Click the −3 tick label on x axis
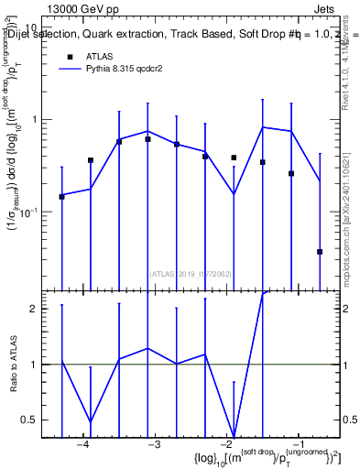(x=154, y=444)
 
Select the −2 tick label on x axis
(x=226, y=444)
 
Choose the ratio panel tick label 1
(x=33, y=365)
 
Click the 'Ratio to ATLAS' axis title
(x=12, y=364)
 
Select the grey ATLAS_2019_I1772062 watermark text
(x=191, y=273)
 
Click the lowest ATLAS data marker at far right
(x=320, y=251)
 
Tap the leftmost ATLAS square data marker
(x=61, y=196)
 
